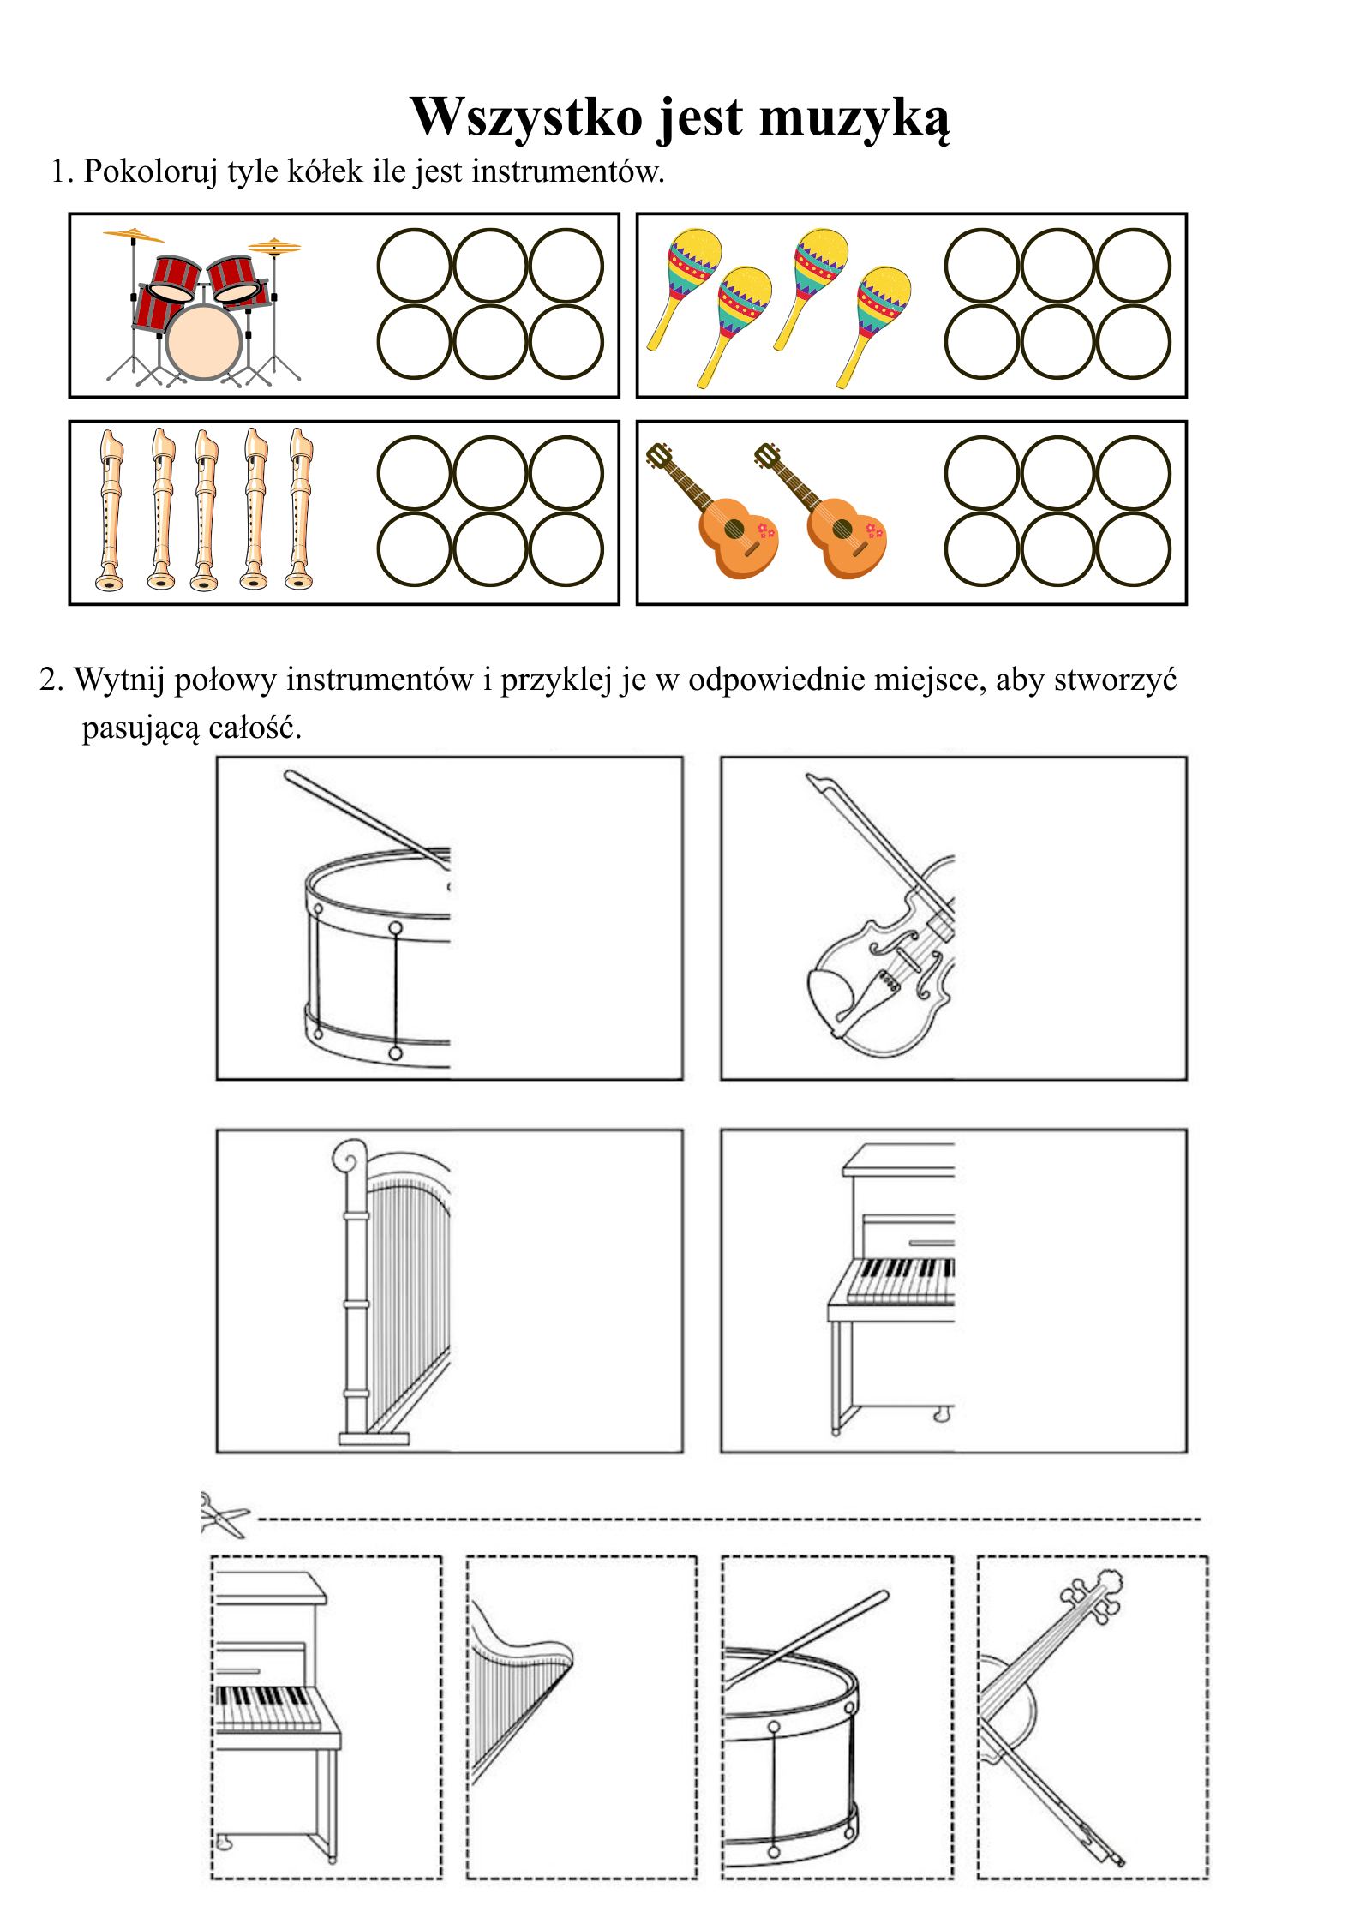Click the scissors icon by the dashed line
[223, 1516]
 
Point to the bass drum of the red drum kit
[204, 341]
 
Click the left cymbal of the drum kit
[133, 234]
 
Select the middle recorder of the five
[205, 510]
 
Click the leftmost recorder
[111, 510]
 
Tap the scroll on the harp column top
[350, 1157]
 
